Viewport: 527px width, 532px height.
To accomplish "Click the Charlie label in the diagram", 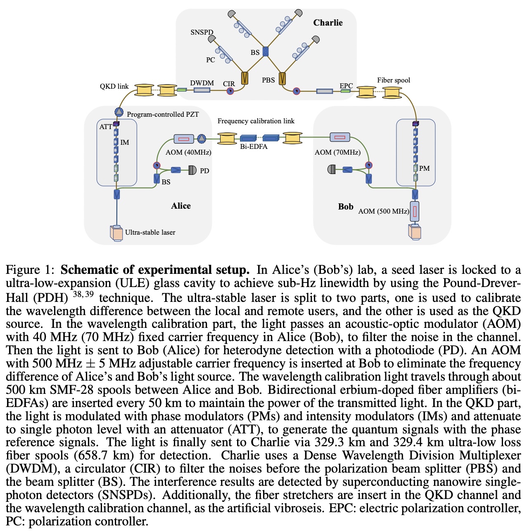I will tap(328, 23).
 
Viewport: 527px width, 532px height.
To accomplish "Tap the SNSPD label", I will tap(202, 32).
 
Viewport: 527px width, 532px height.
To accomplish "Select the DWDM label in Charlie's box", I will tap(202, 83).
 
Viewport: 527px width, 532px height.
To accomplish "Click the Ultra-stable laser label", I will tap(150, 232).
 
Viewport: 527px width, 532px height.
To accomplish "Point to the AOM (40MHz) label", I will tap(188, 152).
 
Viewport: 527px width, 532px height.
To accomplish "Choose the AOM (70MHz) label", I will tap(337, 152).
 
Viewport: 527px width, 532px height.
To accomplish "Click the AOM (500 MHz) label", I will tap(383, 211).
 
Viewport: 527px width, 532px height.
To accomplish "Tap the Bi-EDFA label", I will tap(254, 146).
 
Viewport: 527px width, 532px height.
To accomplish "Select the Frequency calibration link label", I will tap(256, 121).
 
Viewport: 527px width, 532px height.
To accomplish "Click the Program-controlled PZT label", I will tap(163, 114).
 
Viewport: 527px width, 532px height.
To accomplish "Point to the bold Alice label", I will tap(181, 206).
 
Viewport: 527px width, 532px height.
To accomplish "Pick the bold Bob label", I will tap(346, 207).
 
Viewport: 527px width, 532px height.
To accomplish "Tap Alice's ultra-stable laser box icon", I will tap(116, 233).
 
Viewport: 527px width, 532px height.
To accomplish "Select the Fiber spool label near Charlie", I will tap(393, 80).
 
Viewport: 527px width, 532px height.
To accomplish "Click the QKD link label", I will tap(114, 86).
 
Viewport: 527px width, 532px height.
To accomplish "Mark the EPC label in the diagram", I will tap(346, 86).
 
